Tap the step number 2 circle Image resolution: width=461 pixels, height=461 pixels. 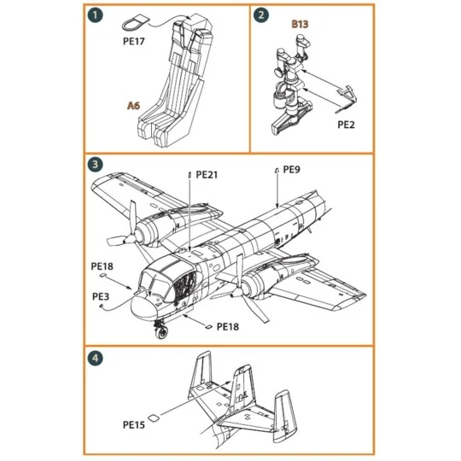pyautogui.click(x=262, y=15)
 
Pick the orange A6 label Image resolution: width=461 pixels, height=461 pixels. pyautogui.click(x=132, y=106)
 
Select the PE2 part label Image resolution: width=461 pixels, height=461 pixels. pyautogui.click(x=347, y=124)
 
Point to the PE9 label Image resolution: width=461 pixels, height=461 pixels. pyautogui.click(x=291, y=169)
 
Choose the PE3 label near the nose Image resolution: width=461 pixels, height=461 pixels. pyautogui.click(x=100, y=296)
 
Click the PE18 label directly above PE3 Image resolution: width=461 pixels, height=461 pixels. pyautogui.click(x=101, y=266)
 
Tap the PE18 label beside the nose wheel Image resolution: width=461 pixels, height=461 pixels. pyautogui.click(x=228, y=325)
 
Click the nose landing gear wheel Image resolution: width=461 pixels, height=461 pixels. pyautogui.click(x=161, y=333)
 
